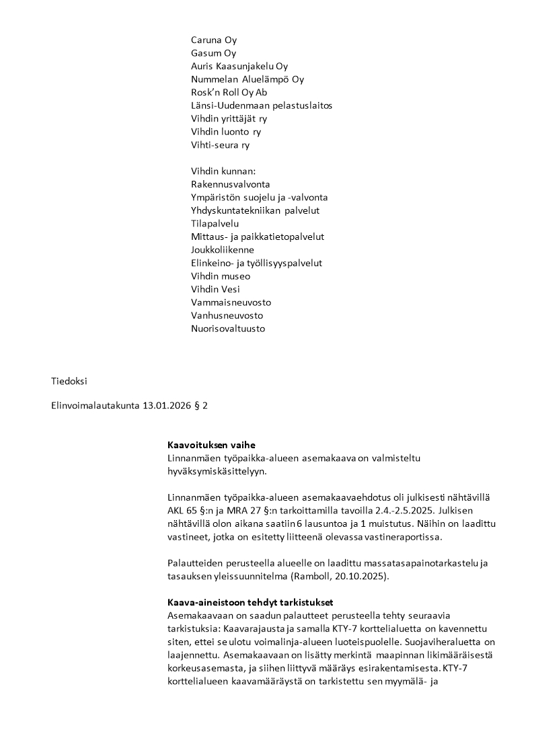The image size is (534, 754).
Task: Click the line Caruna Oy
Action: [214, 40]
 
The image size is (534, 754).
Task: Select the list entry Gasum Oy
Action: [213, 53]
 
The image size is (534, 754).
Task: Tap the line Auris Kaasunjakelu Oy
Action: [239, 67]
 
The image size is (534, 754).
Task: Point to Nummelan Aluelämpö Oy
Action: [247, 79]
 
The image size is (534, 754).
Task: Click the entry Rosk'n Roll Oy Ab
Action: [229, 93]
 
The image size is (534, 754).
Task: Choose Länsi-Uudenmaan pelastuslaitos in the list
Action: [262, 106]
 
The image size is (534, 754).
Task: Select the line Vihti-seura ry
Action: [220, 145]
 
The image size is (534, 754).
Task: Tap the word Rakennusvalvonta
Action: [231, 184]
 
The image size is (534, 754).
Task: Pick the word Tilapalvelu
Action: [215, 224]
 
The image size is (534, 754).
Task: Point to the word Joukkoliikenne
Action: [223, 250]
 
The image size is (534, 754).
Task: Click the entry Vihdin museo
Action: [221, 276]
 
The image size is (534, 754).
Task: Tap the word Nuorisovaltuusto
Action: [228, 329]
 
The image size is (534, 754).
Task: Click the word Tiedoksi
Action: [69, 381]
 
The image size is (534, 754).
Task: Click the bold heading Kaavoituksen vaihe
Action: [211, 446]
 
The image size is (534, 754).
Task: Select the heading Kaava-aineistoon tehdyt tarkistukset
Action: [250, 602]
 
